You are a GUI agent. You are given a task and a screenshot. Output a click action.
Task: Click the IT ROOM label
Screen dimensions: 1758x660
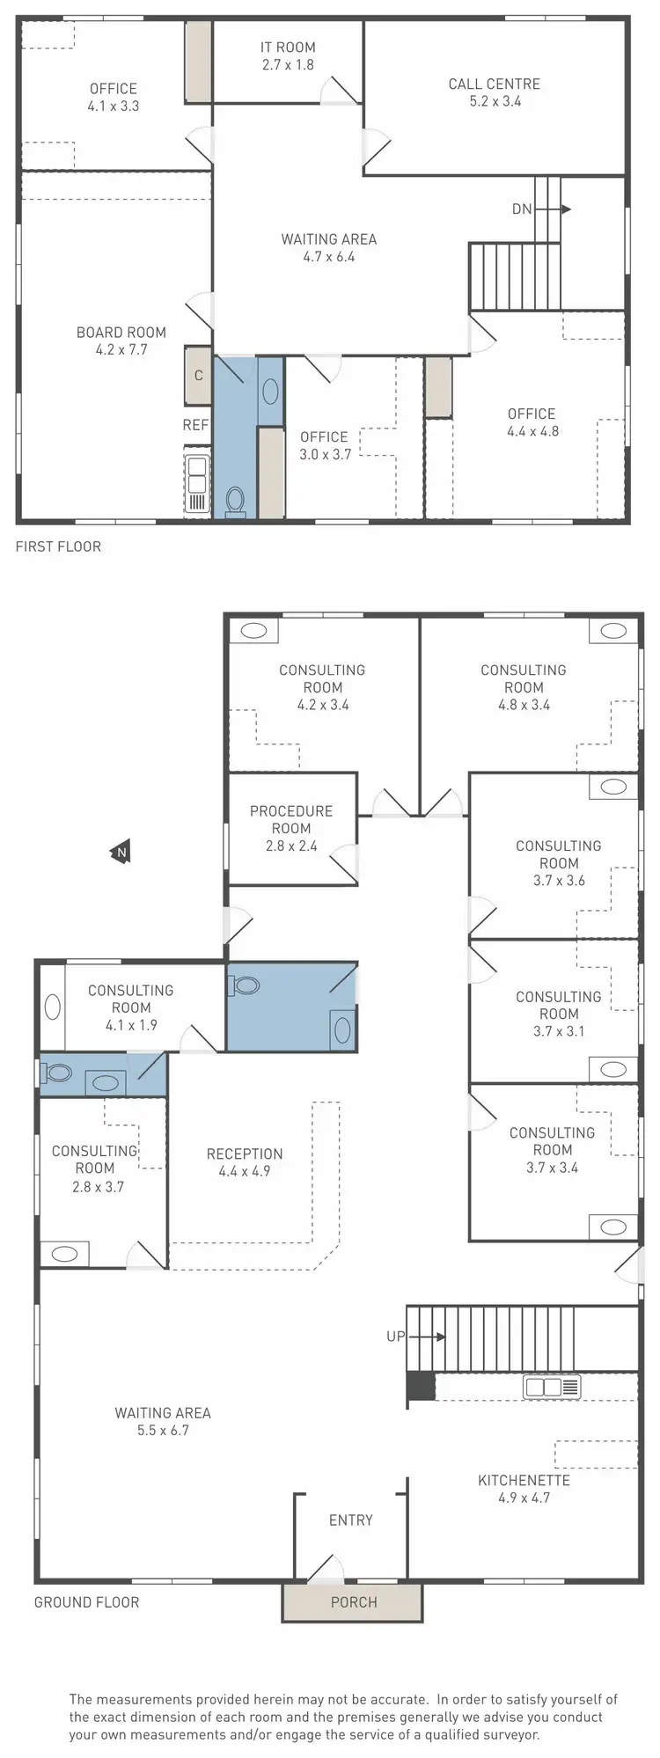(x=288, y=48)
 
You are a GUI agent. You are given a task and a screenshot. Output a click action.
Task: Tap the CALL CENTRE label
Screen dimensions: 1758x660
(x=494, y=84)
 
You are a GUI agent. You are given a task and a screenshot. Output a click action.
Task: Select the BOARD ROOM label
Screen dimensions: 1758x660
(x=121, y=333)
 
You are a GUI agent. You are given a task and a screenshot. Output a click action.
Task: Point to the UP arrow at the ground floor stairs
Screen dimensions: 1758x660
(x=428, y=1337)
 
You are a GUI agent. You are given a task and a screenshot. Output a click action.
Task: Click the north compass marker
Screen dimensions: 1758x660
(x=121, y=852)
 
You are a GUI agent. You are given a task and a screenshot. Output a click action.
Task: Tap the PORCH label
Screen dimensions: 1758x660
(x=354, y=1602)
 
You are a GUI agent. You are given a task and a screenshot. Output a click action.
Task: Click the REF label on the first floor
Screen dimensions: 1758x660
(x=195, y=425)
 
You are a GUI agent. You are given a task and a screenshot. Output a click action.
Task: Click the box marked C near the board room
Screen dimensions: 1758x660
(x=198, y=376)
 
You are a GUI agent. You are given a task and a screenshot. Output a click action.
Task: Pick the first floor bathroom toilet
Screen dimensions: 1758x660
(x=235, y=501)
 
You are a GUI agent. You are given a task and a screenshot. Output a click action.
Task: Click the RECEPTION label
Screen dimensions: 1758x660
(x=245, y=1154)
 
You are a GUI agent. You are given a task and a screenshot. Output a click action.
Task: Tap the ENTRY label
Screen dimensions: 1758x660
(x=350, y=1520)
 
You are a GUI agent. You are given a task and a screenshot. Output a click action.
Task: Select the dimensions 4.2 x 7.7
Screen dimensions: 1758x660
(x=121, y=349)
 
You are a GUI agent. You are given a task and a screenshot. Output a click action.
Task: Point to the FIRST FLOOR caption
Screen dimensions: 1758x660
(x=58, y=546)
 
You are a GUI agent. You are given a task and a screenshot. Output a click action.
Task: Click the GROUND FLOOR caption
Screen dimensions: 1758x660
(x=86, y=1602)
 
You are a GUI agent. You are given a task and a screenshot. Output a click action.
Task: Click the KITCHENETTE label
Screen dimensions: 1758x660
(x=524, y=1480)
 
